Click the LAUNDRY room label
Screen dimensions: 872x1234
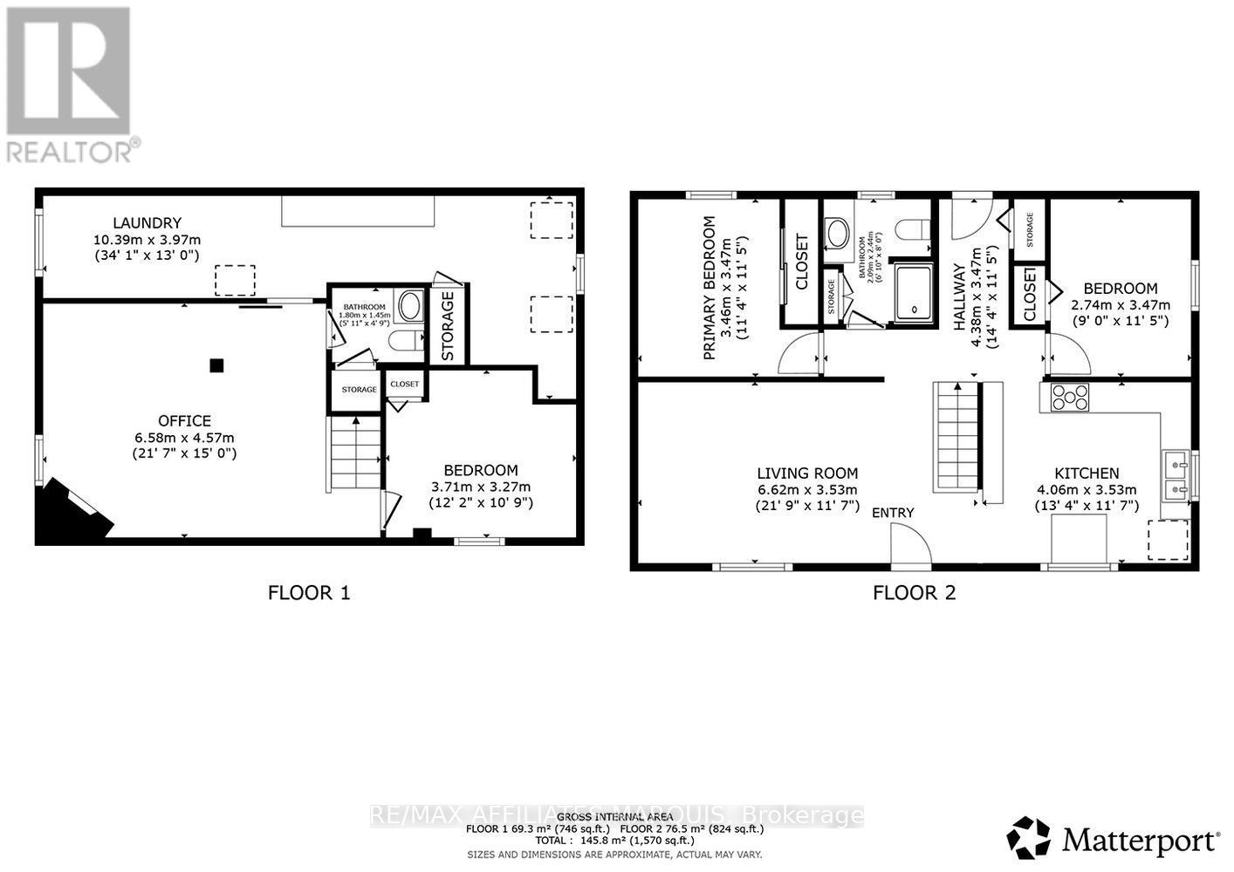[x=146, y=223]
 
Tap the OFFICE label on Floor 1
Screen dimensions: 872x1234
[x=184, y=421]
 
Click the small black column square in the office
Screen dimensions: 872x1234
[x=216, y=366]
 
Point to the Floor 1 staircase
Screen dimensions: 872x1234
[x=356, y=454]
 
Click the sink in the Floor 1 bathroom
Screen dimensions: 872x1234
[x=408, y=306]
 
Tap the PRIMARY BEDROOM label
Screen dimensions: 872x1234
[x=709, y=289]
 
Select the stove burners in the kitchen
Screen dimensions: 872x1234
[x=1070, y=398]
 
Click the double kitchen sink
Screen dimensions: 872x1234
[x=1175, y=475]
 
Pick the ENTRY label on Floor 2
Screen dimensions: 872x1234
[x=893, y=513]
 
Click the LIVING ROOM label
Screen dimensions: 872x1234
[x=806, y=473]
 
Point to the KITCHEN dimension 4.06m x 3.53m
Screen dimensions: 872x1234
[x=1086, y=490]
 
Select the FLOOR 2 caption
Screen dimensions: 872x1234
[x=914, y=593]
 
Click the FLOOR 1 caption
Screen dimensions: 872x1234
[x=308, y=593]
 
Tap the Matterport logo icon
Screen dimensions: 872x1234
[x=1030, y=839]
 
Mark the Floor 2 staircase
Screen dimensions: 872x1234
[x=958, y=437]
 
